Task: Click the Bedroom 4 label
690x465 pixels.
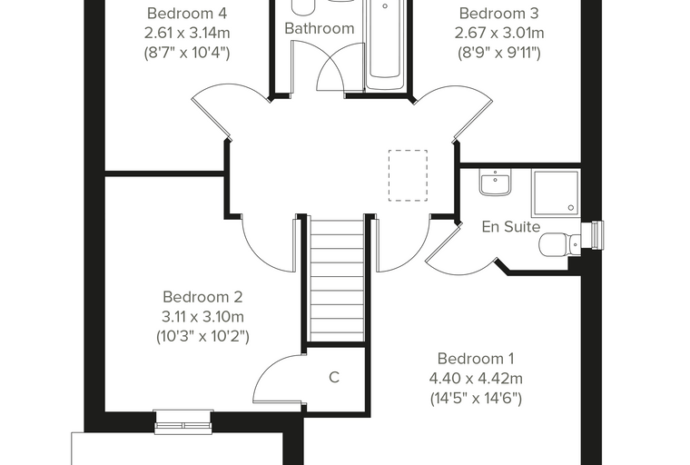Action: pyautogui.click(x=187, y=14)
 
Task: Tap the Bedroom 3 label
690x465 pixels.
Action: pyautogui.click(x=498, y=14)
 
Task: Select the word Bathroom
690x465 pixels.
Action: pyautogui.click(x=320, y=28)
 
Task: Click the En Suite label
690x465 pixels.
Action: pyautogui.click(x=511, y=226)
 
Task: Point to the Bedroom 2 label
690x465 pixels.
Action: pyautogui.click(x=202, y=297)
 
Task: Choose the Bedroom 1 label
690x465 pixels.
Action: pyautogui.click(x=476, y=359)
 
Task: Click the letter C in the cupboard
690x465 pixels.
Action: pyautogui.click(x=334, y=378)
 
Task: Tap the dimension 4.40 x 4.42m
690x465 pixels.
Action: pyautogui.click(x=476, y=378)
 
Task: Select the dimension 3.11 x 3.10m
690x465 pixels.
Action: pyautogui.click(x=202, y=317)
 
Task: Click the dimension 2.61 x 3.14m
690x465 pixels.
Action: pyautogui.click(x=187, y=33)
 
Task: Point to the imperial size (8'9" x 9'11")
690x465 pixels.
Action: pyautogui.click(x=499, y=53)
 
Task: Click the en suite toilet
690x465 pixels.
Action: pyautogui.click(x=560, y=244)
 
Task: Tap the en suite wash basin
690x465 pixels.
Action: pyautogui.click(x=496, y=183)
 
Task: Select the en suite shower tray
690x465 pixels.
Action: pyautogui.click(x=557, y=193)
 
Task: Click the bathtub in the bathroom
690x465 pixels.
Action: pyautogui.click(x=385, y=44)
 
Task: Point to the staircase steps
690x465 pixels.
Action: pyautogui.click(x=338, y=280)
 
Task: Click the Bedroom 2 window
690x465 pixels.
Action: pyautogui.click(x=183, y=421)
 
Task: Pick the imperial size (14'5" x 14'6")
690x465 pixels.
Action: pyautogui.click(x=476, y=399)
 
